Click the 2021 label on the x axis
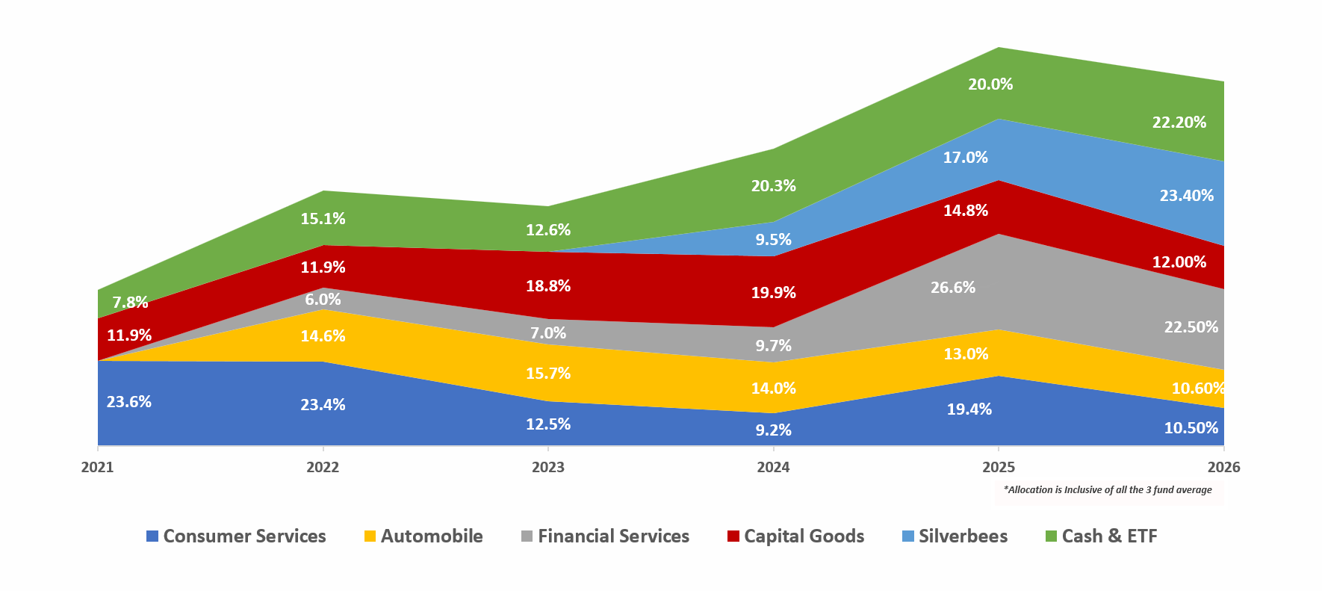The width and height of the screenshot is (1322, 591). tap(97, 467)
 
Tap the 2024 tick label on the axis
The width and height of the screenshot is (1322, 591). tap(773, 467)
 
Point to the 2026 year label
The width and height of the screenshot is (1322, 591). tap(1223, 467)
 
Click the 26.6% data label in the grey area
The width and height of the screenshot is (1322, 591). tap(953, 288)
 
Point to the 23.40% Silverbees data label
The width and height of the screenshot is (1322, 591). tap(1186, 196)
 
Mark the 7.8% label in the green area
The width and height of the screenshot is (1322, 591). tap(130, 303)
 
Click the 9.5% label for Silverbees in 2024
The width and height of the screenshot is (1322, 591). tap(773, 240)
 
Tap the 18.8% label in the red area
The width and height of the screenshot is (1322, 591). tap(548, 286)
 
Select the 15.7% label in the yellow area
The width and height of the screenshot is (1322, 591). tap(548, 374)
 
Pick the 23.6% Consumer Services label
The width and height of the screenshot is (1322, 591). tap(128, 402)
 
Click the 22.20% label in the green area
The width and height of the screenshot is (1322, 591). tap(1179, 123)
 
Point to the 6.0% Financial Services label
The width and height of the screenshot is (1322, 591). tap(323, 300)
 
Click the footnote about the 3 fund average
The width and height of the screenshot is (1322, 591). tap(1108, 490)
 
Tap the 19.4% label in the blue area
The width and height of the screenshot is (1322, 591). tap(969, 409)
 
